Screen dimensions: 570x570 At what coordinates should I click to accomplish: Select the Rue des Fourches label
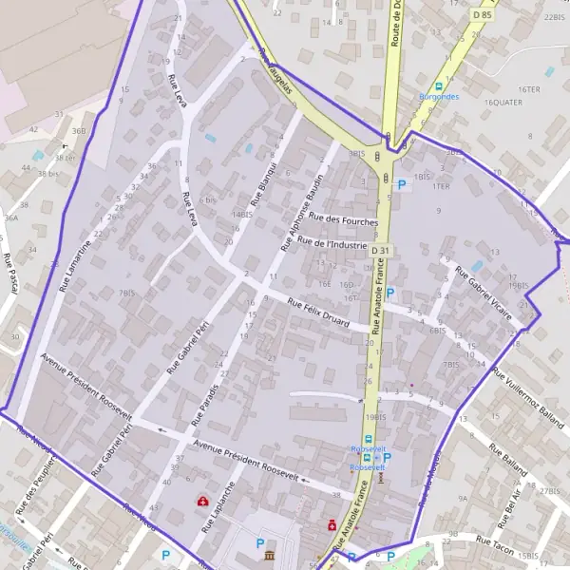[344, 221]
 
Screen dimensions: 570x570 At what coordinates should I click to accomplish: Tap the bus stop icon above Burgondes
[439, 86]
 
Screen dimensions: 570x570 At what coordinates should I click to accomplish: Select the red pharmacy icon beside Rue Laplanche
[201, 501]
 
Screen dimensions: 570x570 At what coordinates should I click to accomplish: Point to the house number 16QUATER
[503, 102]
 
